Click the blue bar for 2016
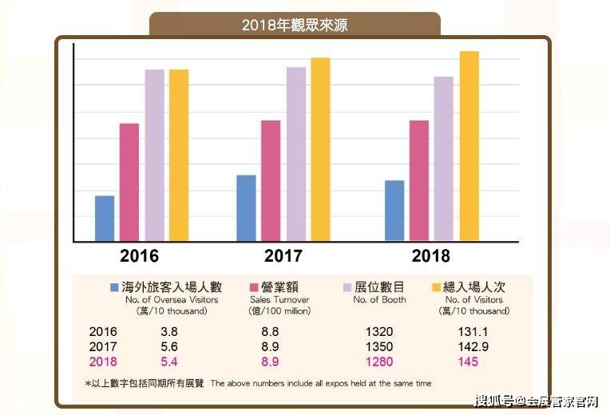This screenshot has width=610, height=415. tap(105, 218)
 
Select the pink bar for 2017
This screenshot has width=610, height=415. tap(271, 180)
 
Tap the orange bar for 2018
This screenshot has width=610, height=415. tap(469, 146)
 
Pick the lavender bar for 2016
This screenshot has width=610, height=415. tap(154, 155)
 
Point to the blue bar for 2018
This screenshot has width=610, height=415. tap(394, 211)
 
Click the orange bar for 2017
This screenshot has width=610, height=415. tap(320, 149)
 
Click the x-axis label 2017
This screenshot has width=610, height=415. tap(283, 256)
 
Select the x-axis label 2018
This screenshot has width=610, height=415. tap(430, 256)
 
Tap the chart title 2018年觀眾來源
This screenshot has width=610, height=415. tap(295, 25)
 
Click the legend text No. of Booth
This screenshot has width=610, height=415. tap(379, 300)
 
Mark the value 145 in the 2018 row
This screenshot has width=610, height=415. tap(469, 362)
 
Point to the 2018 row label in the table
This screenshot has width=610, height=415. tap(103, 362)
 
